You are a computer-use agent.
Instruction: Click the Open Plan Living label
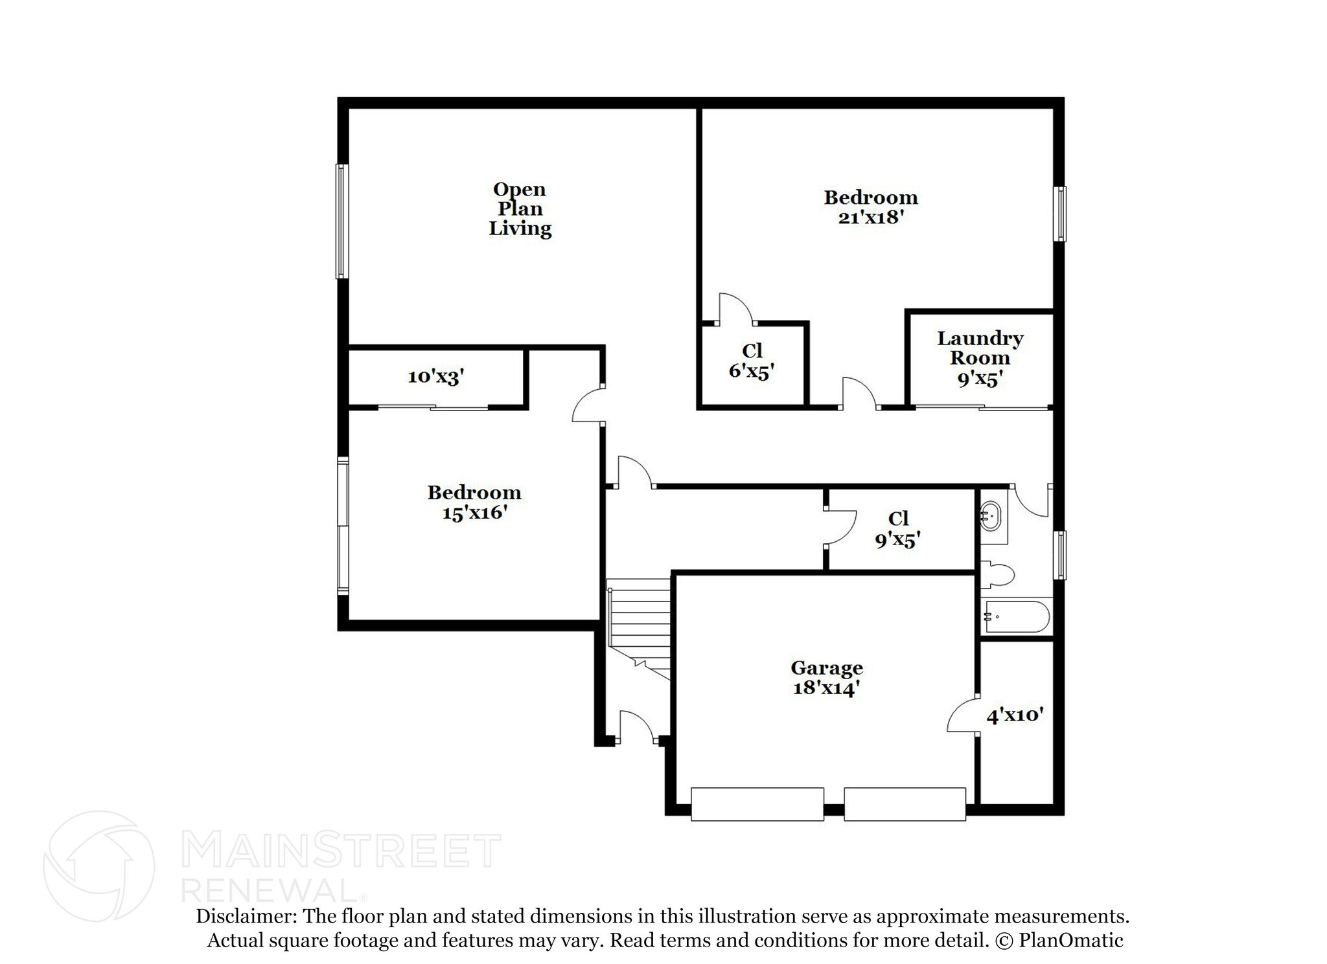(520, 208)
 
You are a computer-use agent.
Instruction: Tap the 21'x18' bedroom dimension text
(870, 218)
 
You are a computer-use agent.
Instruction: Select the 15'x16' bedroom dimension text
(474, 513)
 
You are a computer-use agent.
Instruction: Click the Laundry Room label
(980, 348)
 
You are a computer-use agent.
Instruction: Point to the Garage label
(826, 667)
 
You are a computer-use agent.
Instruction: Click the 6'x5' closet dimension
(752, 371)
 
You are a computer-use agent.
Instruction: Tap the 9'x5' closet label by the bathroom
(897, 539)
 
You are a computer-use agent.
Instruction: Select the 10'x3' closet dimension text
(435, 377)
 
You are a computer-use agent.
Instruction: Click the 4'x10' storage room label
(1015, 715)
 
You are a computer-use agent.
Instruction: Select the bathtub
(1015, 617)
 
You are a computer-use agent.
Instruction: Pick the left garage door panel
(757, 804)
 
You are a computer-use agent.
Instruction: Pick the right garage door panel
(905, 804)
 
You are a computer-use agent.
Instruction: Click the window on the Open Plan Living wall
(341, 221)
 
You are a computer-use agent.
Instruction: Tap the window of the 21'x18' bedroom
(1059, 214)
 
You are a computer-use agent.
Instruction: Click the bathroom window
(1059, 554)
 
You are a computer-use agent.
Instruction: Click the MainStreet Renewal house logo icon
(98, 866)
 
